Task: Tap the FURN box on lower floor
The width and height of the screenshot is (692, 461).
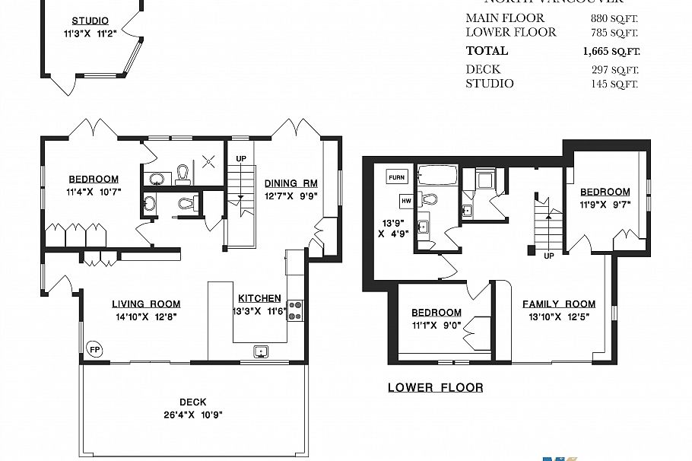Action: [x=397, y=176]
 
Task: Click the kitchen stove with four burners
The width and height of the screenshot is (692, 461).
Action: [x=295, y=310]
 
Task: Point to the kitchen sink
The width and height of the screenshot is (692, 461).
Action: [x=262, y=351]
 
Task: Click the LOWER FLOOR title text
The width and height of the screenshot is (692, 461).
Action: [x=435, y=388]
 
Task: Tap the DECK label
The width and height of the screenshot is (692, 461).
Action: [x=192, y=402]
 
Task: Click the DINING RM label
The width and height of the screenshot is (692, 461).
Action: [x=290, y=183]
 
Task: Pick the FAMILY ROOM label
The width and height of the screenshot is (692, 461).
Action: [x=558, y=304]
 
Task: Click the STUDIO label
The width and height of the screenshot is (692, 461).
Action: [x=90, y=21]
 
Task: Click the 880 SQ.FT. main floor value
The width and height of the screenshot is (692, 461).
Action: [x=614, y=18]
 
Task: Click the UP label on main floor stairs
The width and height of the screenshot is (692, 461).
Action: [x=241, y=158]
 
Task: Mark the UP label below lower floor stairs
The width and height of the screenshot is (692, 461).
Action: [x=548, y=256]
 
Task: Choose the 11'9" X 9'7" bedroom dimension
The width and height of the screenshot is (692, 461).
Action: [x=605, y=204]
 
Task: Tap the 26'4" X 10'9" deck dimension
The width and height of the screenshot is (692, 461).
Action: [x=192, y=415]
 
